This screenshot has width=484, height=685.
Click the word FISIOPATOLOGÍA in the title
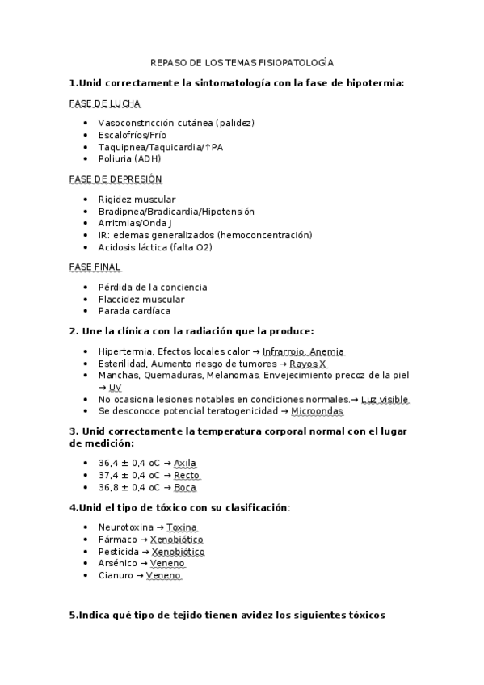click(x=296, y=62)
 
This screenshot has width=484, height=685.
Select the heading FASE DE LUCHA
click(x=106, y=103)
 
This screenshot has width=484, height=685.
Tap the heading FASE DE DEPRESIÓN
click(x=116, y=179)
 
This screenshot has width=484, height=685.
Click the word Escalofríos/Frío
click(x=133, y=135)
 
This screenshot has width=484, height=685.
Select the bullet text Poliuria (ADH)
click(x=129, y=159)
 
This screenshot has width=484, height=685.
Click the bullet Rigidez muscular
click(x=137, y=200)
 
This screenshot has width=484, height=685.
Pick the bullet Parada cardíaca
click(x=134, y=311)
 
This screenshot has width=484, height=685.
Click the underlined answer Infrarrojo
click(x=287, y=351)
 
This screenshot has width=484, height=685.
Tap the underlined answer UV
click(x=115, y=388)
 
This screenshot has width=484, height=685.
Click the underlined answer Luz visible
click(x=385, y=399)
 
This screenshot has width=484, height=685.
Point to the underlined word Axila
click(x=185, y=463)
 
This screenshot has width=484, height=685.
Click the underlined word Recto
click(x=187, y=475)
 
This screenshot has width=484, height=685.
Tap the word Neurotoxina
click(x=125, y=527)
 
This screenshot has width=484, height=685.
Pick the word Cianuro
click(x=116, y=575)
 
